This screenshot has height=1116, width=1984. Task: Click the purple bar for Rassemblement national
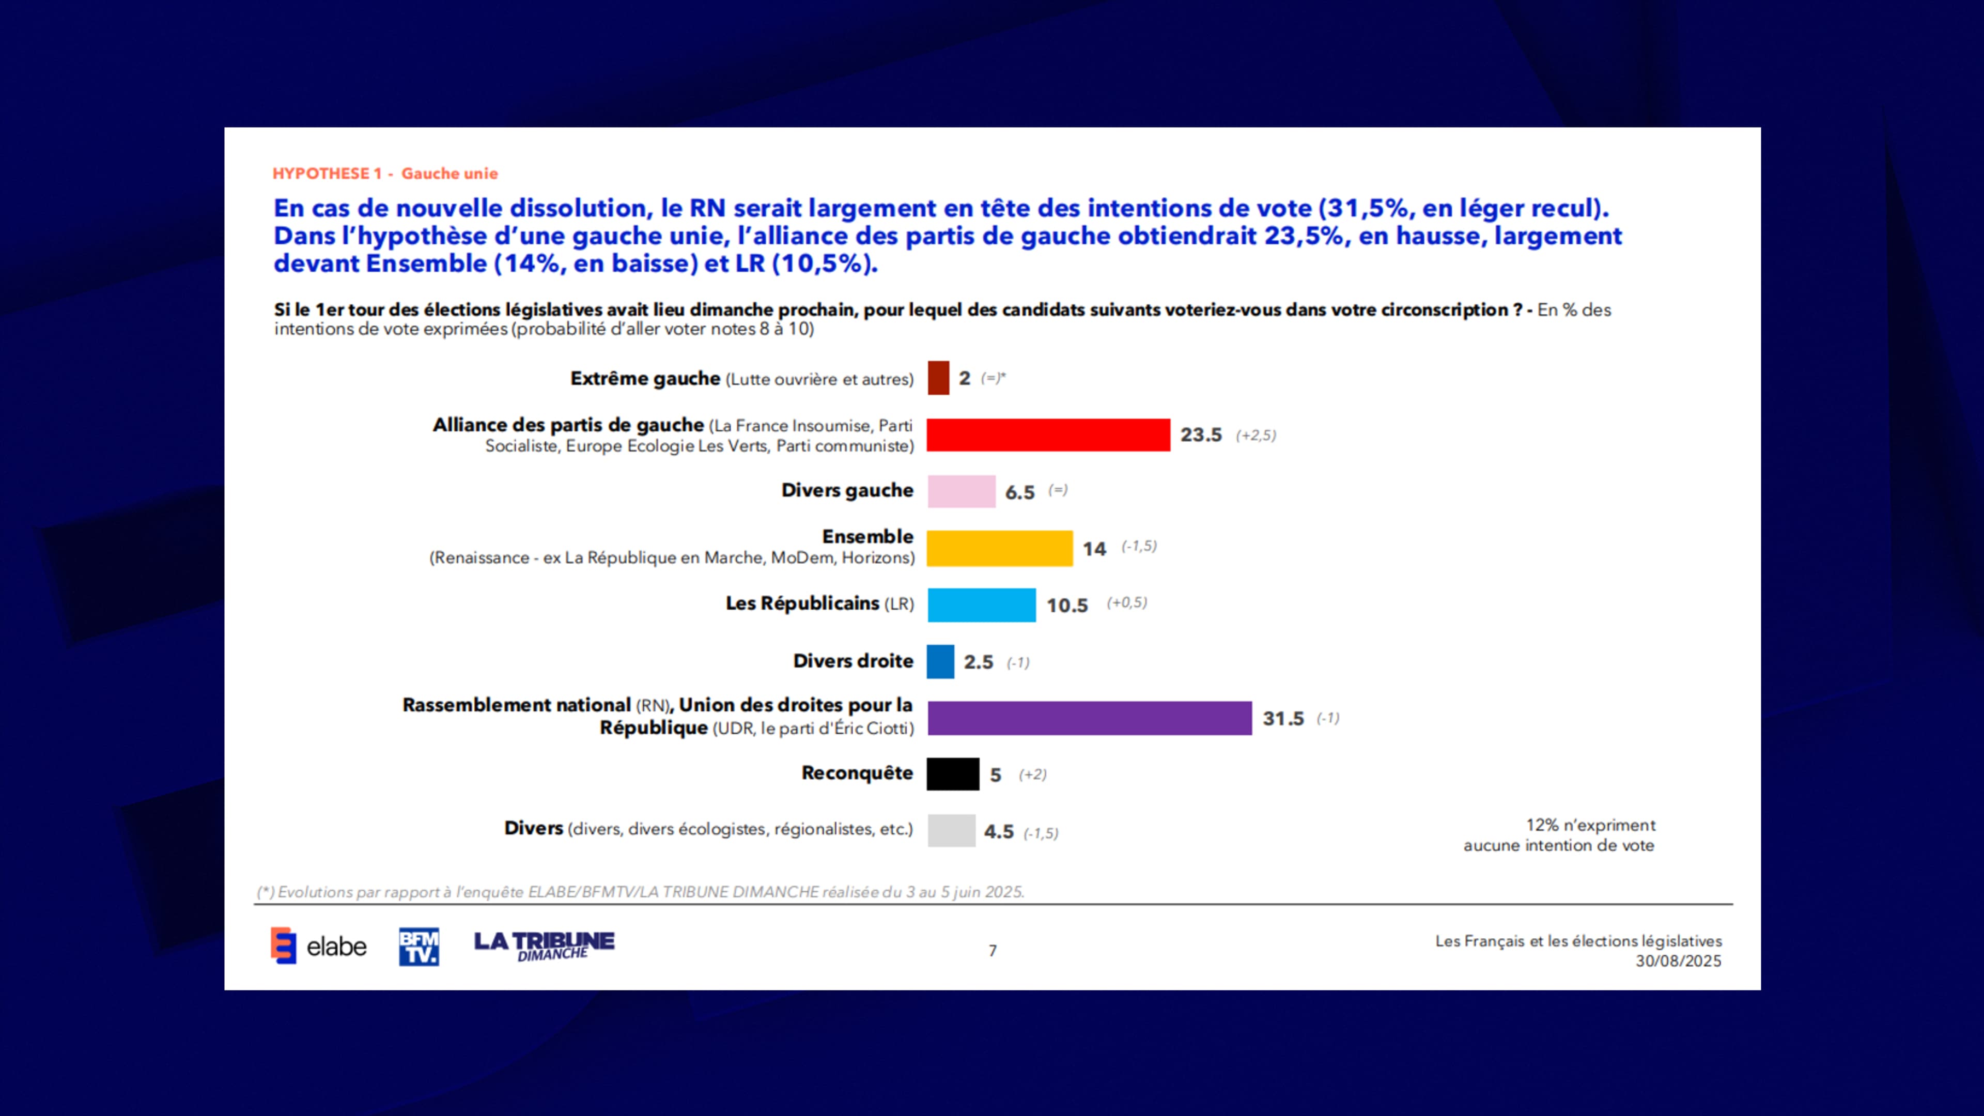[x=1089, y=718]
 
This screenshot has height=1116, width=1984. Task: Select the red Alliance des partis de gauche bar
[x=1047, y=435]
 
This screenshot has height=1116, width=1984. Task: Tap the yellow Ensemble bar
[x=999, y=548]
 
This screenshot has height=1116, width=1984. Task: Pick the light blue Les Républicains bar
[x=981, y=605]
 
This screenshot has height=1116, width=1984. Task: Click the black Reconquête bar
[x=953, y=774]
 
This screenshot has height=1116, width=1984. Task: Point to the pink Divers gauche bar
[x=961, y=491]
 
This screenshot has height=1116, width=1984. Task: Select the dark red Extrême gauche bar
[x=938, y=378]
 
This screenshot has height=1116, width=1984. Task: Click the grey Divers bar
[x=951, y=831]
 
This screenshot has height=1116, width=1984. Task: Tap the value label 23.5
[x=1201, y=435]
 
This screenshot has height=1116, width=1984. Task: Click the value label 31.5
[x=1283, y=719]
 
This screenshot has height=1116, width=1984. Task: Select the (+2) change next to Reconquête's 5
[x=1032, y=775]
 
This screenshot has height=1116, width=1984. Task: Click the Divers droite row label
[x=853, y=661]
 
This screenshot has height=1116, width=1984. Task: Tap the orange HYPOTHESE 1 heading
[x=385, y=173]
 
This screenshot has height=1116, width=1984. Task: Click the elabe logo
[x=318, y=946]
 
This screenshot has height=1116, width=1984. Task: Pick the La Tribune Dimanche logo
[x=544, y=945]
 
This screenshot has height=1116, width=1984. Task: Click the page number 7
[x=993, y=951]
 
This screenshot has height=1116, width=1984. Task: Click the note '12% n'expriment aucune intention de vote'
[x=1560, y=835]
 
